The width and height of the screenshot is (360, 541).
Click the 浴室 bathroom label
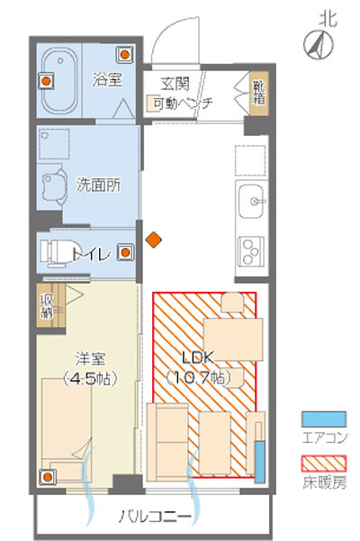(107, 79)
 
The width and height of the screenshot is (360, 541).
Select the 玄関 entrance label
(177, 84)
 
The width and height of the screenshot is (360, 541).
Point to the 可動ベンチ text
(182, 104)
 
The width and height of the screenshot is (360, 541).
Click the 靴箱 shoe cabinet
(259, 93)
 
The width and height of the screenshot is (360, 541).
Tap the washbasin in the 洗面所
(53, 185)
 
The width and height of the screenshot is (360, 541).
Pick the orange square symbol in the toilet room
(127, 253)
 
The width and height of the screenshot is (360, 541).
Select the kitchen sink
(251, 199)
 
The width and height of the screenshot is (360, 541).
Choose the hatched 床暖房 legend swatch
(323, 465)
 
